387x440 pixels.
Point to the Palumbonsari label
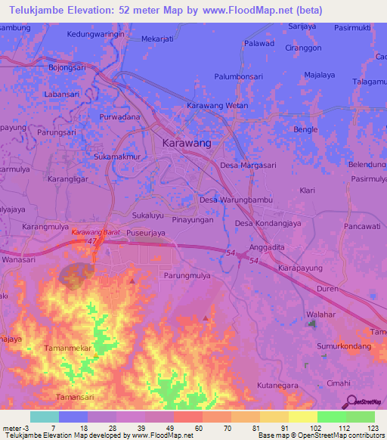click(242, 76)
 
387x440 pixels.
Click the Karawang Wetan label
click(217, 106)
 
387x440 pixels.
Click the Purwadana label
click(120, 118)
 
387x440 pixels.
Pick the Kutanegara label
click(279, 386)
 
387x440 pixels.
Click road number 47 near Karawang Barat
click(94, 240)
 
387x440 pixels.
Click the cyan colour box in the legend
click(45, 417)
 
